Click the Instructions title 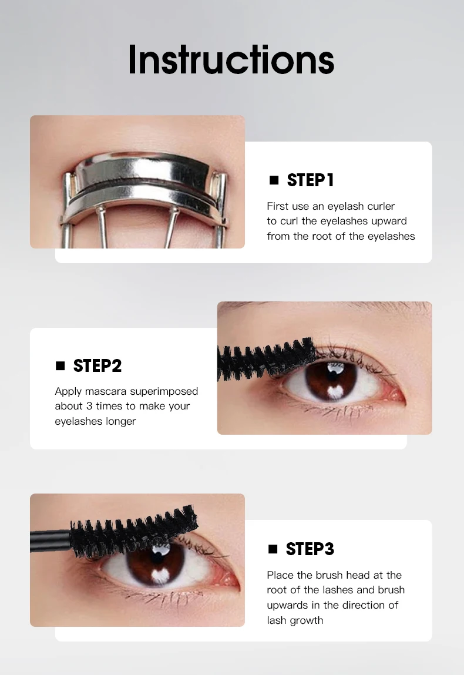(x=231, y=59)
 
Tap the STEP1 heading (x=310, y=180)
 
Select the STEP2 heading (x=97, y=365)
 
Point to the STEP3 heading (x=310, y=549)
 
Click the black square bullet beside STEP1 (x=274, y=180)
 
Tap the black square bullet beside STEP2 (x=60, y=365)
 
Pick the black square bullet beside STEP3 (x=273, y=549)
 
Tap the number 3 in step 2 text (x=89, y=406)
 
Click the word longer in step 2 (x=121, y=421)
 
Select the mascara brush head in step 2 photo (x=266, y=358)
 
